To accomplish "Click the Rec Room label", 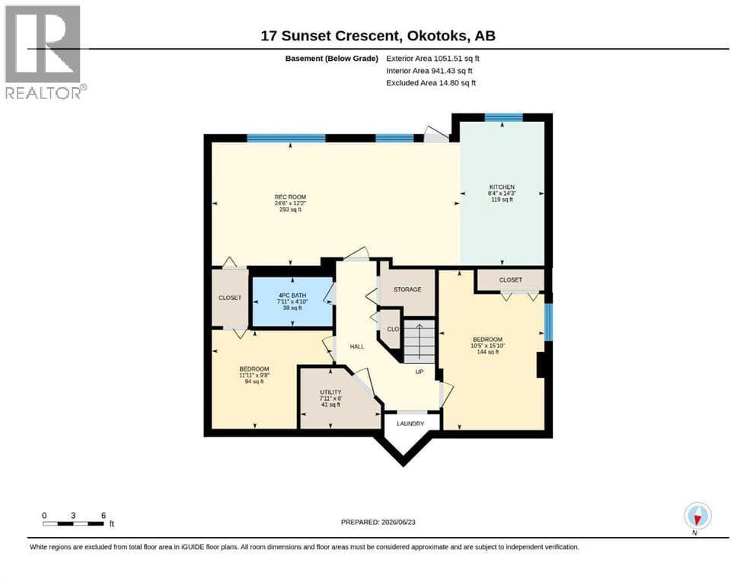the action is tap(290, 203).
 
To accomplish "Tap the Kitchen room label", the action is tap(502, 193).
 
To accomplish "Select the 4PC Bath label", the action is tap(292, 302).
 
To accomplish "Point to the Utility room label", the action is tap(330, 398).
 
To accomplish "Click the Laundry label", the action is tap(410, 424).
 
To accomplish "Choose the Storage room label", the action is tap(407, 289).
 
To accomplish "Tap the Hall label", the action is tap(357, 347).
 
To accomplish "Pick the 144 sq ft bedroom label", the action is tap(487, 345).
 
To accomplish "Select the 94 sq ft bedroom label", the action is tap(254, 375).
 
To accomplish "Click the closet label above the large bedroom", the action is tap(511, 280).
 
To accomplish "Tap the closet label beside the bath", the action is tap(230, 298).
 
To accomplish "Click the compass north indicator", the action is tap(697, 516).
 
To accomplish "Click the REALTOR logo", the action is tap(45, 52).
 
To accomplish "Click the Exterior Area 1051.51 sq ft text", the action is tap(433, 59).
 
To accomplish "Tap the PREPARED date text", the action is tap(378, 522).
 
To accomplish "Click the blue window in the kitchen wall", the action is tap(503, 117).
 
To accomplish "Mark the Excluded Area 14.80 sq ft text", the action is tap(431, 82).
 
